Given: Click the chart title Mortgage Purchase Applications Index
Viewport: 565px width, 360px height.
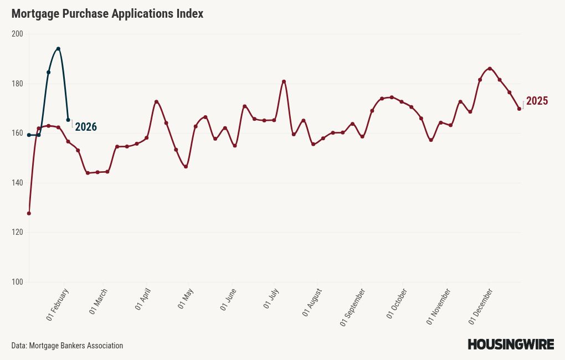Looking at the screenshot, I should coord(107,14).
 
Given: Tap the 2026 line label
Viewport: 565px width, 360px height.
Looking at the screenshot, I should coord(86,127).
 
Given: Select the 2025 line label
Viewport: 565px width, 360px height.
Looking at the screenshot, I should coord(537,101).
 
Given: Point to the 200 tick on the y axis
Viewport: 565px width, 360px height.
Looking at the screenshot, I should coord(17,34).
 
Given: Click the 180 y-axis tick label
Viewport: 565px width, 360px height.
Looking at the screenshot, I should coord(17,84).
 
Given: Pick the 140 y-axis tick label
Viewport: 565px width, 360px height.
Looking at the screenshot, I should coord(17,183).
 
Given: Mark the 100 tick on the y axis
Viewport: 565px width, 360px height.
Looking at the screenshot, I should coord(17,282).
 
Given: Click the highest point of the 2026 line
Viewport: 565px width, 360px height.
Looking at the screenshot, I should coord(58,49).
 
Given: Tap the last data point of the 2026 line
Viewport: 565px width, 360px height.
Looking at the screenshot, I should coord(68,120).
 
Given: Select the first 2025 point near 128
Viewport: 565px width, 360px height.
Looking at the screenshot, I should coord(29,213).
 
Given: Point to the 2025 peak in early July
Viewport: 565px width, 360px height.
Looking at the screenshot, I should coord(284,81).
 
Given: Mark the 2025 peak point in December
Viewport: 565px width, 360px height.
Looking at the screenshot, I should coord(490,69).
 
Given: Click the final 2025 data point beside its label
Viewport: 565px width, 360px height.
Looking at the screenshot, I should coord(519,109).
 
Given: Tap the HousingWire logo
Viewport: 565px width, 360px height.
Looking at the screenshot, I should coord(511,344).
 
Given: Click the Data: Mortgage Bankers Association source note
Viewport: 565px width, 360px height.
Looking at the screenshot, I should coord(67,346).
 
